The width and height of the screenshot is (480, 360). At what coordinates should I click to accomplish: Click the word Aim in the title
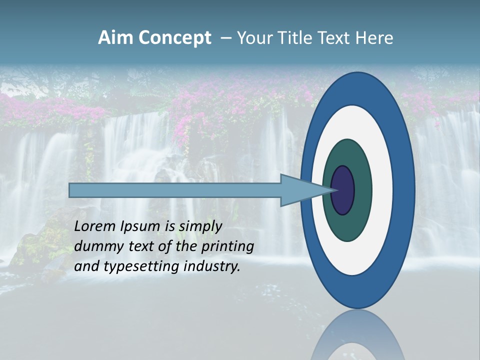coord(115,38)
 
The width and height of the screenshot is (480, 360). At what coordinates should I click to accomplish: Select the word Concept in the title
coord(174,38)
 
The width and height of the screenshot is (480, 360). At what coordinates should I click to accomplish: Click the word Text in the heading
coord(335,38)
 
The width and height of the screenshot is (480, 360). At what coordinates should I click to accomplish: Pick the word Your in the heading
coord(254,38)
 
